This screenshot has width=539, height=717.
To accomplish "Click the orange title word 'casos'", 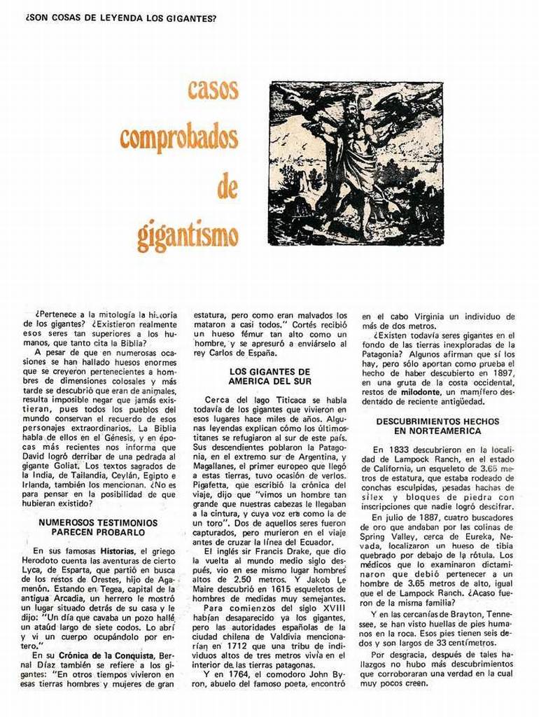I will (x=213, y=90).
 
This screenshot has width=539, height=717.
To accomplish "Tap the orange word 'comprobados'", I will (x=178, y=137).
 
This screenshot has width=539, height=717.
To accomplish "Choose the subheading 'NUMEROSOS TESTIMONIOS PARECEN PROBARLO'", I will (x=97, y=527).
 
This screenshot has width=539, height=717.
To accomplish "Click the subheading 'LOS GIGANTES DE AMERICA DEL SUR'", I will (x=269, y=375).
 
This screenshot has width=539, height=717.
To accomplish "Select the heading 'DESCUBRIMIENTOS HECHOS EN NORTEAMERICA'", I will (x=437, y=426).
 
